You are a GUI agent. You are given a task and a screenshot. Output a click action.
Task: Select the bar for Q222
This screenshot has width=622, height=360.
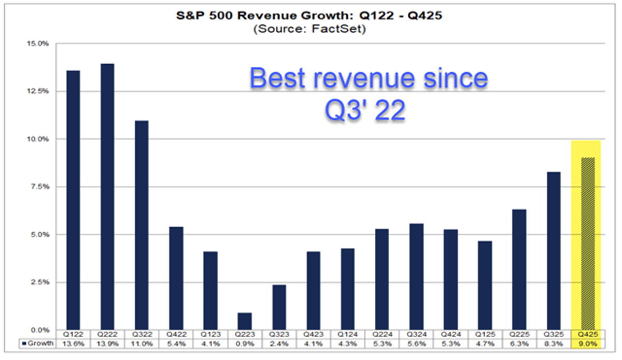pos(107,197)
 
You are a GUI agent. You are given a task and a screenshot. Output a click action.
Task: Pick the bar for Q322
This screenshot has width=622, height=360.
pos(141,225)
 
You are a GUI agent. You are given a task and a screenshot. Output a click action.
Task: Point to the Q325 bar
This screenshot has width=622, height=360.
pos(554,251)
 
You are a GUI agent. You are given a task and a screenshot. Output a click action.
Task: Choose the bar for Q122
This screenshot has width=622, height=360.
pos(73,200)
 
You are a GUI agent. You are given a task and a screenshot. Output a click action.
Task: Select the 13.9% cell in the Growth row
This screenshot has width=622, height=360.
pos(107,343)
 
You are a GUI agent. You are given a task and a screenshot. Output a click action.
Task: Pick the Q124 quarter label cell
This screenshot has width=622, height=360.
pos(348,335)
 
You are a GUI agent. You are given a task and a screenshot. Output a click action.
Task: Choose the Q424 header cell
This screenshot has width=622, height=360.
pos(451,335)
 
